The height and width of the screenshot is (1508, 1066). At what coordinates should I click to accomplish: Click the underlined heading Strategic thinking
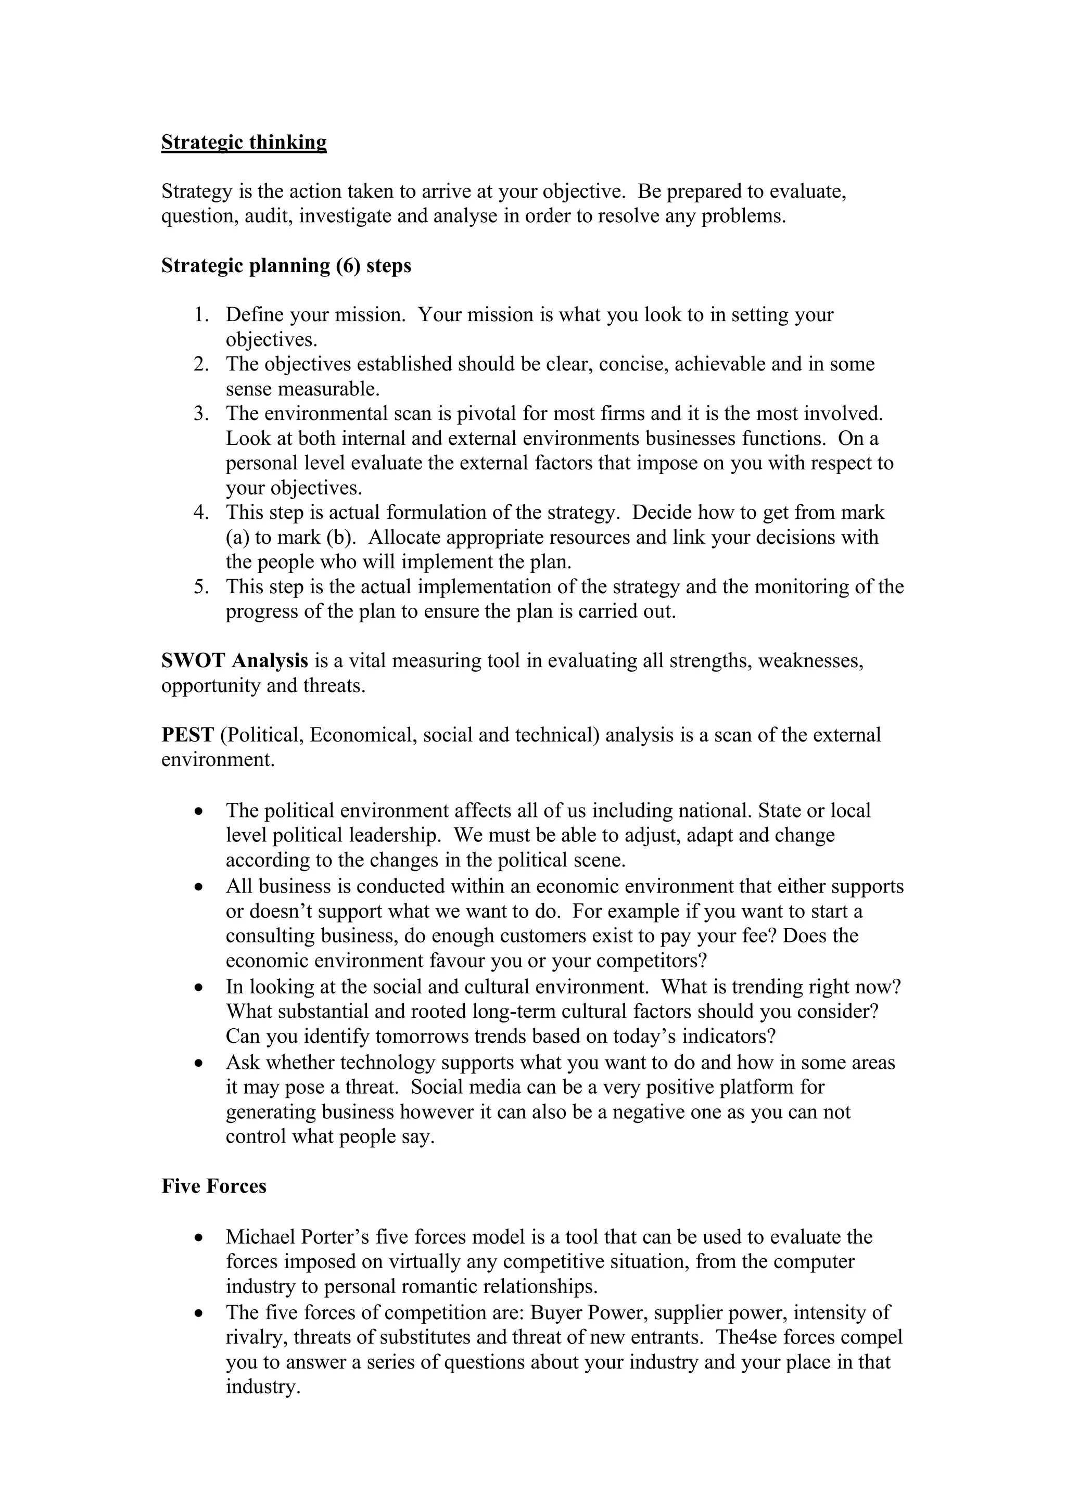pyautogui.click(x=244, y=143)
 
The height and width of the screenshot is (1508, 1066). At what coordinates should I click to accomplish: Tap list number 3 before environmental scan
pyautogui.click(x=200, y=414)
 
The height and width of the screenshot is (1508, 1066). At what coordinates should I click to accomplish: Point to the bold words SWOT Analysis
pyautogui.click(x=234, y=661)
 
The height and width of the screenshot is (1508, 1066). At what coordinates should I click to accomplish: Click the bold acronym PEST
pyautogui.click(x=188, y=735)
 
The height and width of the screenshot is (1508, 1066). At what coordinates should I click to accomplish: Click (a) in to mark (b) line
pyautogui.click(x=237, y=537)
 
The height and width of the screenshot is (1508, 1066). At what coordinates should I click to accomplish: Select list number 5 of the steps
pyautogui.click(x=200, y=586)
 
